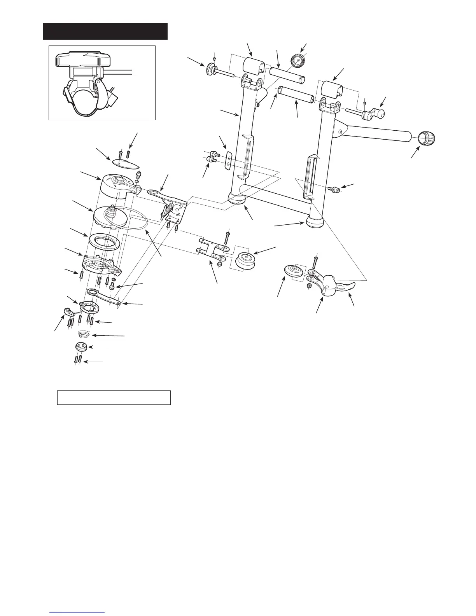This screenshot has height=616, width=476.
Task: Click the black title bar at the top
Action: [x=105, y=31]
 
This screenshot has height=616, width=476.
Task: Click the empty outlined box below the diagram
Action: [x=114, y=397]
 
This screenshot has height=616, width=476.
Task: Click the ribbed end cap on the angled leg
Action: [x=426, y=138]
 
